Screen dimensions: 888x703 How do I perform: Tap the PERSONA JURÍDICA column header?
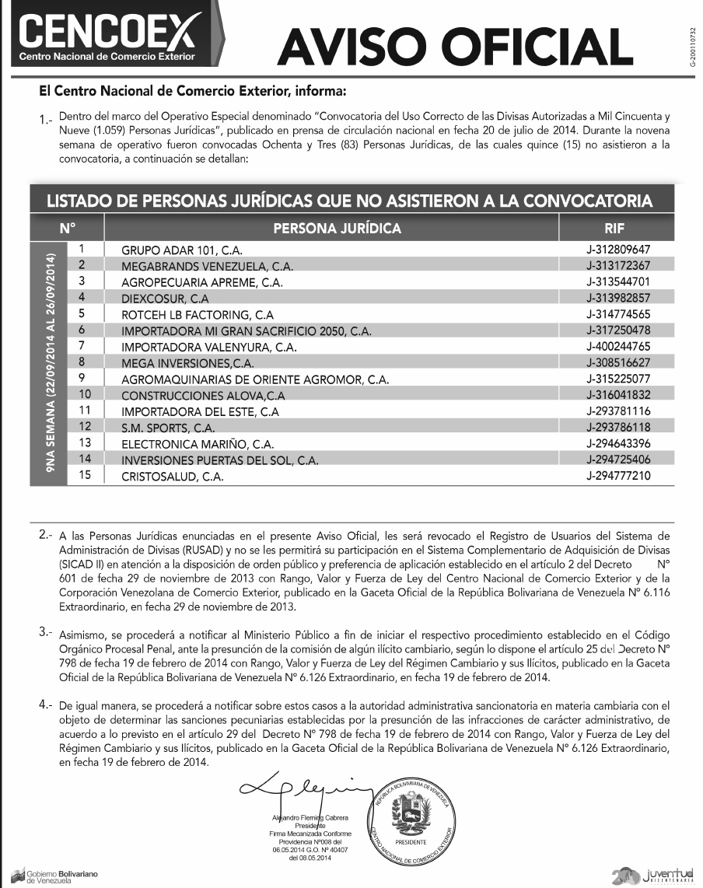(338, 229)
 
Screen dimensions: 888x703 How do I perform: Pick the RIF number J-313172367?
(618, 266)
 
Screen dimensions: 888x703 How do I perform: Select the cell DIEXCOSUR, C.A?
(166, 299)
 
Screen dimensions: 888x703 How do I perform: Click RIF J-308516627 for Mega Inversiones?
(618, 362)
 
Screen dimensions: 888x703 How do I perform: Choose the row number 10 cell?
(86, 394)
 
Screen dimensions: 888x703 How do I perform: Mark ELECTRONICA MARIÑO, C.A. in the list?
(197, 444)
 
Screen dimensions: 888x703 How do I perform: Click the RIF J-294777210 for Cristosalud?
(618, 476)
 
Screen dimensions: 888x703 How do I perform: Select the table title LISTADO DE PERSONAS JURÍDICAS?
(349, 201)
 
